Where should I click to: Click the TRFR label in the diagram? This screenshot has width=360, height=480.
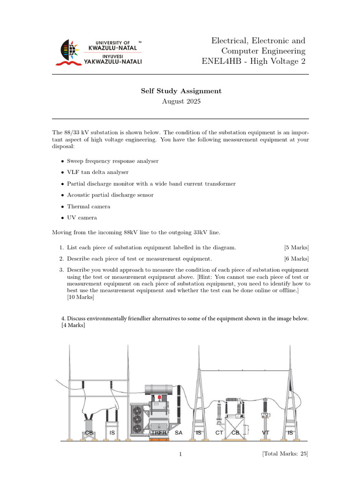pos(159,433)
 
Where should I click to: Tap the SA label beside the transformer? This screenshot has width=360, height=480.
pos(179,433)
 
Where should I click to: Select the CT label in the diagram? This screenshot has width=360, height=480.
pos(219,433)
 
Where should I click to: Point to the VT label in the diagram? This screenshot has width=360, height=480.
pos(266,433)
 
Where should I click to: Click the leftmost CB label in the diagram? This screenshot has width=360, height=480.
pos(89,433)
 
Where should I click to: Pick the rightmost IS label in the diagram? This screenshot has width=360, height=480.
pos(290,433)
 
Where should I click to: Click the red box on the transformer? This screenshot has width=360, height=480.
pos(159,397)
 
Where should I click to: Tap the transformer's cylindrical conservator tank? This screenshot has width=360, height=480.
pos(162,389)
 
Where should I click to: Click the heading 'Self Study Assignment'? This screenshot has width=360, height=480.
pos(181,91)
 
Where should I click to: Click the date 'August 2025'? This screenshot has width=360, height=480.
pos(181,101)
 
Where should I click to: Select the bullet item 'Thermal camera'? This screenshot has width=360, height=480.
pos(89,206)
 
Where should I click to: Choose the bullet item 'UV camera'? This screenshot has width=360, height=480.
pos(82,217)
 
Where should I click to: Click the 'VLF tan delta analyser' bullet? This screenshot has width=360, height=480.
pos(97,172)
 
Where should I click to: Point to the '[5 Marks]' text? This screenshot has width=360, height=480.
pos(296,247)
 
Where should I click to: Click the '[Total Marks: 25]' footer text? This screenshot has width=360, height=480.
pos(285,454)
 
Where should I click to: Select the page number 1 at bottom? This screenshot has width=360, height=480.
pos(180,454)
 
